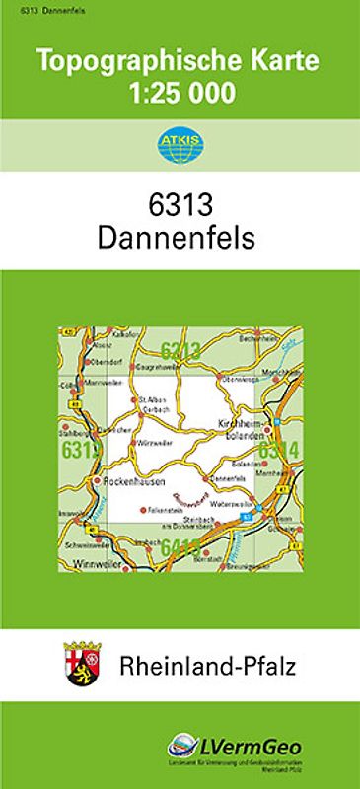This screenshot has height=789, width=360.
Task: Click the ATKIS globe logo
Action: pyautogui.click(x=179, y=145)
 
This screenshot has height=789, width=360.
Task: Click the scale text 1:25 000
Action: pyautogui.click(x=179, y=94)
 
